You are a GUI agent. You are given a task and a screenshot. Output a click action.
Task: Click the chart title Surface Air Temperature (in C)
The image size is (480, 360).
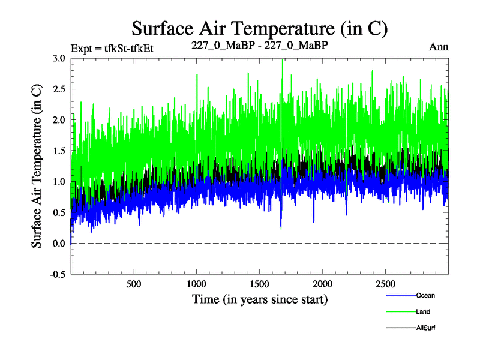(259, 28)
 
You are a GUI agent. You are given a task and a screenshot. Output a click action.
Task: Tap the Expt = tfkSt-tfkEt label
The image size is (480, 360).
(112, 48)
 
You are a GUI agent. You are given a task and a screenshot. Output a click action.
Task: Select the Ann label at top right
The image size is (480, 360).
(439, 46)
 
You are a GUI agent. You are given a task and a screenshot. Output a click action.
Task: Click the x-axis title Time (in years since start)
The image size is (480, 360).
(260, 299)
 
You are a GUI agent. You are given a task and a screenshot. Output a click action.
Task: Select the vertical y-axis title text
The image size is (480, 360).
(36, 166)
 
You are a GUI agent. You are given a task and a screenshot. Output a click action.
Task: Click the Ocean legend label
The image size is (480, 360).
(425, 295)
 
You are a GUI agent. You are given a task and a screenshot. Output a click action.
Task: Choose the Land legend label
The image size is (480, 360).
(423, 312)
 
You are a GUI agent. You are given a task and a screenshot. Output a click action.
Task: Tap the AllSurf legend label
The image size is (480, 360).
(425, 328)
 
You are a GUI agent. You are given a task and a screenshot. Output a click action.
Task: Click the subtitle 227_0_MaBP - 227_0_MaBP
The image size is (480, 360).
(260, 46)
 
